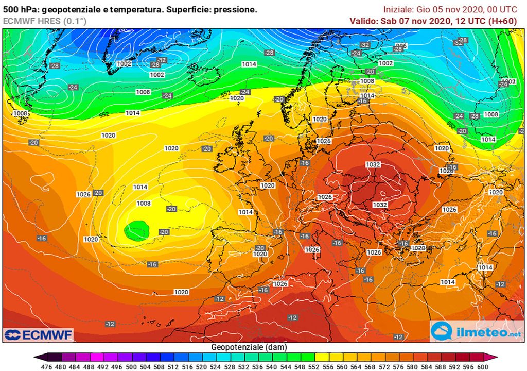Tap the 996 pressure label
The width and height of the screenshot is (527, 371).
(401, 46)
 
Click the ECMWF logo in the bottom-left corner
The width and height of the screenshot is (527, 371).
(38, 334)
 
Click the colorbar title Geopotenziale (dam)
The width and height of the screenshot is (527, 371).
(249, 347)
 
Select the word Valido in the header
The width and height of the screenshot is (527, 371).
(363, 21)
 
